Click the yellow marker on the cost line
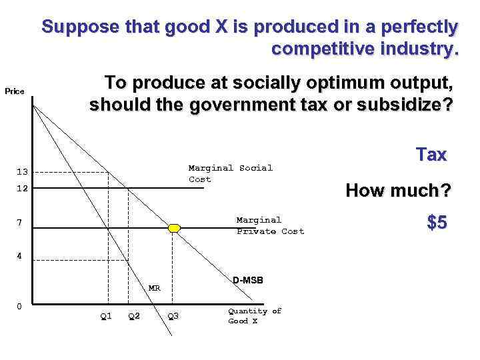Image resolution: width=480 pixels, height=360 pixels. [174, 228]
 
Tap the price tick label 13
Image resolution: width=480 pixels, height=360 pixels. [22, 173]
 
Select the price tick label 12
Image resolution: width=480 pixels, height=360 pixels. [22, 189]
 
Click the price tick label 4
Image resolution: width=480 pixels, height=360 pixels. [21, 255]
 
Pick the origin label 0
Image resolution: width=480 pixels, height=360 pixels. [19, 306]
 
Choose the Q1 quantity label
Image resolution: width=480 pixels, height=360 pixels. [105, 316]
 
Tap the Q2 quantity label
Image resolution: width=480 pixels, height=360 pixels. [133, 316]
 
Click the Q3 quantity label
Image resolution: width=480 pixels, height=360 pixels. [173, 316]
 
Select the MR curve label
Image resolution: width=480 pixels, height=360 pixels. [154, 288]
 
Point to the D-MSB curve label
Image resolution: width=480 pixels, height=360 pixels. [248, 280]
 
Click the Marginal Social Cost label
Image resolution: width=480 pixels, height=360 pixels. [230, 173]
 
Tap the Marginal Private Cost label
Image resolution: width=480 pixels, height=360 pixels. [270, 225]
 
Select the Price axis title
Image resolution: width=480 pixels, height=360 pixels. [15, 91]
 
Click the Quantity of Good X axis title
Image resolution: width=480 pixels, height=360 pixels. [255, 316]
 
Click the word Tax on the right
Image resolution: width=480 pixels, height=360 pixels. [431, 155]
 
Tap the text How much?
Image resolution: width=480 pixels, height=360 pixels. [398, 191]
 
